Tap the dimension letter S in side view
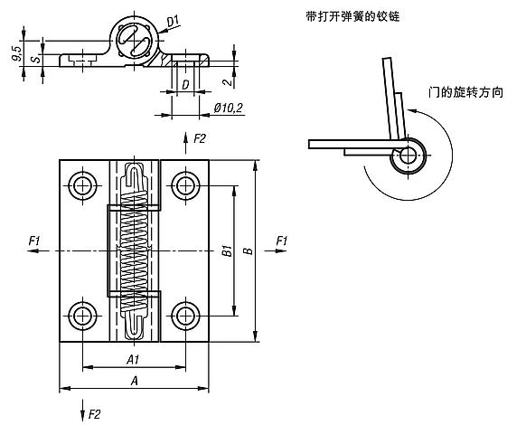point(34,61)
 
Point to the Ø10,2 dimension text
point(227,108)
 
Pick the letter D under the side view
point(184,85)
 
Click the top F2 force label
point(200,137)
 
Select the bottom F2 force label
point(93,413)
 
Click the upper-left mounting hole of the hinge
point(83,185)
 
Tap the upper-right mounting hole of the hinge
point(186,185)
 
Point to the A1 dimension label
point(134,359)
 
